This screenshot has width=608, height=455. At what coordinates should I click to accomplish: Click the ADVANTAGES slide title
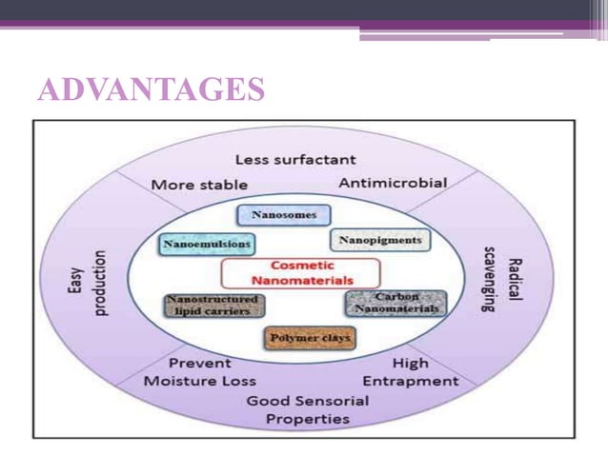tap(151, 89)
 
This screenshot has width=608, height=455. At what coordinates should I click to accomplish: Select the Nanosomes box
tap(283, 215)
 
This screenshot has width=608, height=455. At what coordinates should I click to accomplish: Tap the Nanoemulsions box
tap(207, 245)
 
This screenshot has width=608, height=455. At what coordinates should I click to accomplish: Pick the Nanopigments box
tap(380, 240)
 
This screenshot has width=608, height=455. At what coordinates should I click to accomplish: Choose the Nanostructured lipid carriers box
tap(213, 306)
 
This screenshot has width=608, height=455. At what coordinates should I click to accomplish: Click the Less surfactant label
tap(295, 159)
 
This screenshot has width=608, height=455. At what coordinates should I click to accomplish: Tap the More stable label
tap(199, 184)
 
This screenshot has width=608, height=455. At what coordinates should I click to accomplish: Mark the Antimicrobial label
tap(393, 182)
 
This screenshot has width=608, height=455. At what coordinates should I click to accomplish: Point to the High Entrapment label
tap(411, 372)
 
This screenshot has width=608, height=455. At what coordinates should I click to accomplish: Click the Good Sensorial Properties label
tap(307, 409)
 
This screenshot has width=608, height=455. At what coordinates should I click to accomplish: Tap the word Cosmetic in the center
tap(301, 266)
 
